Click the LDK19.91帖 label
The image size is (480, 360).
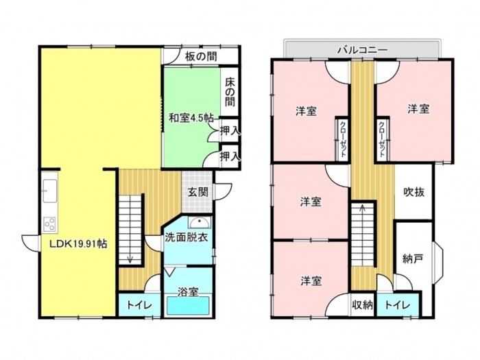79,244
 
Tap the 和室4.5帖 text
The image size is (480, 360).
191,118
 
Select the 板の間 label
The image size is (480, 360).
201,56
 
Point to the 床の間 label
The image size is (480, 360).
230,92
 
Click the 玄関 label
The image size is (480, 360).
197,192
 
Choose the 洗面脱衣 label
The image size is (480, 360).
187,237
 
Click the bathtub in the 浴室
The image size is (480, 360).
189,305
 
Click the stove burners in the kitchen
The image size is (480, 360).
49,224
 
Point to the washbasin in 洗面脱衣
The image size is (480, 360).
200,222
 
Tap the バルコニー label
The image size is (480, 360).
363,49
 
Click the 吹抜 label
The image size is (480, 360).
414,192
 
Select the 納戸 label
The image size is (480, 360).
413,259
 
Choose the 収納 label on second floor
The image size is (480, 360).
362,305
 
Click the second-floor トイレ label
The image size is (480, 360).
397,305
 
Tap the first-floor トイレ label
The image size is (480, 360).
139,305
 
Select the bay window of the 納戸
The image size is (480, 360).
437,259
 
